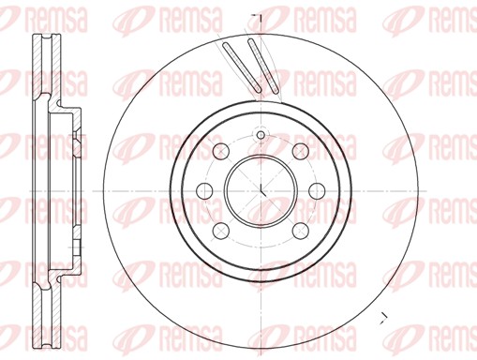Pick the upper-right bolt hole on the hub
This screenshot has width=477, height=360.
[300, 152]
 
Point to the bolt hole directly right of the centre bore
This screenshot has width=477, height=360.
[316, 191]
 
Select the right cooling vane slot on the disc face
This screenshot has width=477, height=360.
[263, 67]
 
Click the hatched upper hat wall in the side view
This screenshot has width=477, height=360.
[58, 109]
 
